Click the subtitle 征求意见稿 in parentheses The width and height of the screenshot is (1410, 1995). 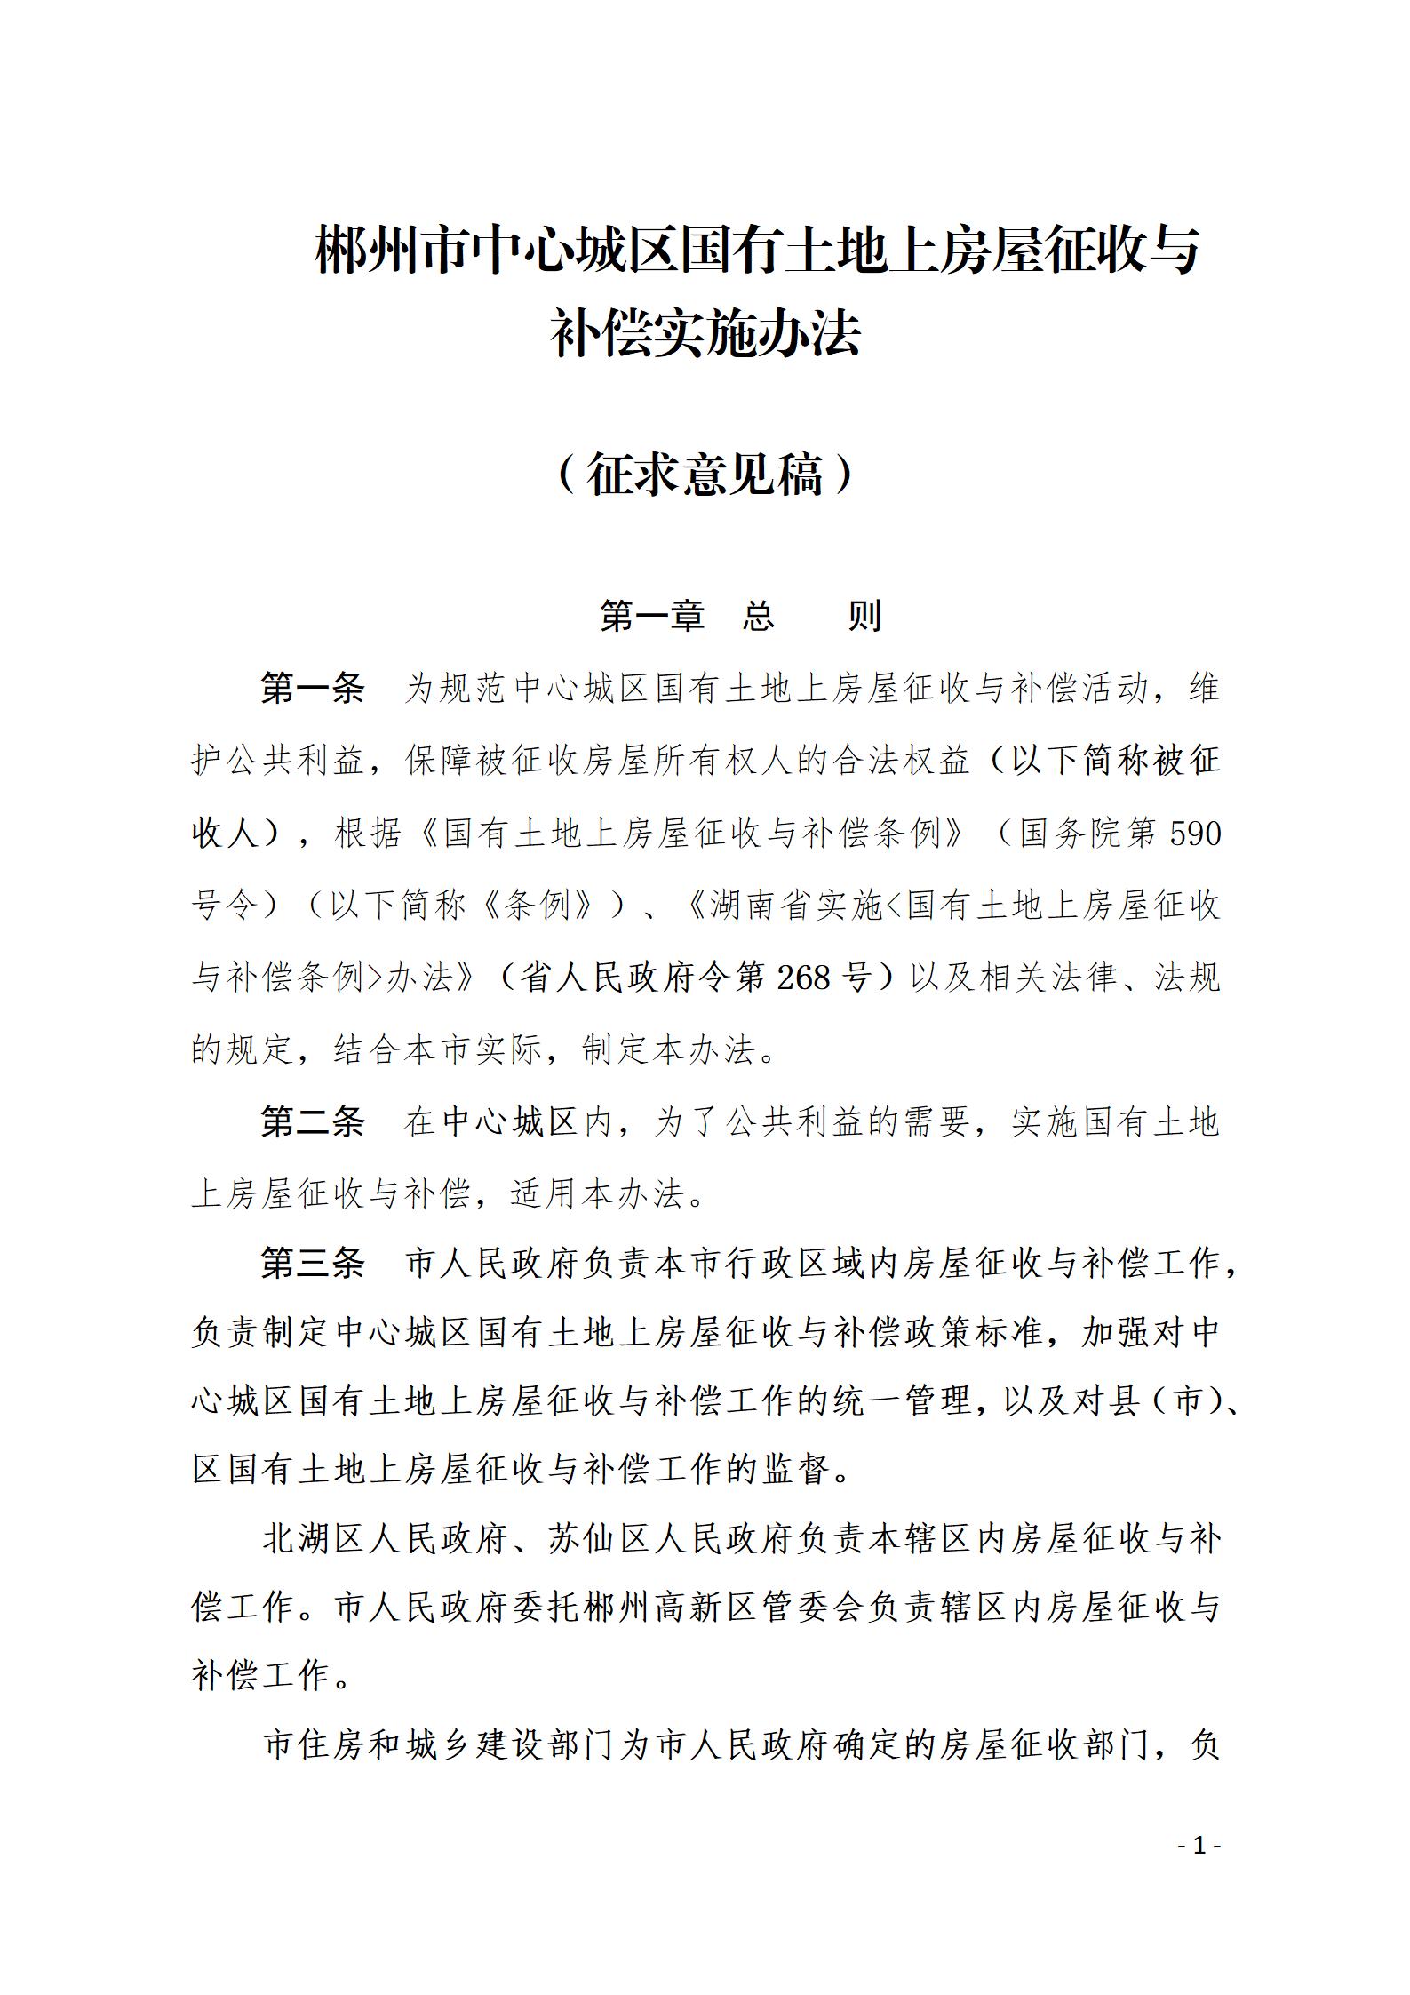tap(705, 475)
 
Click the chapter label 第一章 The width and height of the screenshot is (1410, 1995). tap(652, 615)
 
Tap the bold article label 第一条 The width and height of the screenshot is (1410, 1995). tap(313, 688)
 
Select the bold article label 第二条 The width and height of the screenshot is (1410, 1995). tap(313, 1122)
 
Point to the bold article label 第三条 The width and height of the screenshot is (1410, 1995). tap(313, 1263)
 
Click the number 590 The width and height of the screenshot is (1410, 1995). tap(1196, 833)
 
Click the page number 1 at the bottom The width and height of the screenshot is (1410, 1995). tap(1200, 1846)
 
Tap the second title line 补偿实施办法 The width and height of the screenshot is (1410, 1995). tap(705, 333)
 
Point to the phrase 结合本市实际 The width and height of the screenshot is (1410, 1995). tap(438, 1050)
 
